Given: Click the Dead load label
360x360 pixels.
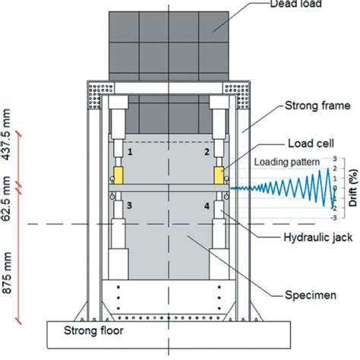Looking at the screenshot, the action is [x=296, y=4].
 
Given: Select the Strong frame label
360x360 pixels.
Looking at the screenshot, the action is [x=317, y=106].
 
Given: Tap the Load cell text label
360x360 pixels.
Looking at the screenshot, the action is [x=311, y=144].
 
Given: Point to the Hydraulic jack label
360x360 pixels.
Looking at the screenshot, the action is [x=318, y=238].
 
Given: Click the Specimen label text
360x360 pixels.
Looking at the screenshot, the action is [x=311, y=295].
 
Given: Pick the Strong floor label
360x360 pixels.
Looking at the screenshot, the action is [x=93, y=330].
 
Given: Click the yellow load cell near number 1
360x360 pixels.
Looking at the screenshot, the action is [x=118, y=175].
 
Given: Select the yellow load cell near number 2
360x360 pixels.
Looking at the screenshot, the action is [x=219, y=175].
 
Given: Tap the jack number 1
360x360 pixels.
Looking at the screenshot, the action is [x=130, y=152].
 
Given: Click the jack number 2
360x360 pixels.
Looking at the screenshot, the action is [x=207, y=152].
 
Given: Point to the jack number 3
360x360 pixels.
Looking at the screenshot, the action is [x=129, y=205].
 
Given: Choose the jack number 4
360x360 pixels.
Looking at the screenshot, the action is [x=207, y=206].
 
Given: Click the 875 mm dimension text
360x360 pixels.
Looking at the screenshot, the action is [x=7, y=273].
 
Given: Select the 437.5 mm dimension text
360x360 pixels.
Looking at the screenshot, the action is [x=7, y=134].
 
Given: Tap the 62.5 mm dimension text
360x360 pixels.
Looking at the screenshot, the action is [x=7, y=198].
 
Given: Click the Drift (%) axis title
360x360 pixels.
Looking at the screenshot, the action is [x=354, y=188].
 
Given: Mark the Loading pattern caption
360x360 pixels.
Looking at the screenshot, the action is [x=287, y=162].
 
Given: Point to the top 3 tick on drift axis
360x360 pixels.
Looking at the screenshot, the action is [x=335, y=159].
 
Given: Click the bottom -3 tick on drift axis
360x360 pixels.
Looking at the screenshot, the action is [x=334, y=218].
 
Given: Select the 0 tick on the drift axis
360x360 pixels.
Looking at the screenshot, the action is [x=335, y=188].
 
